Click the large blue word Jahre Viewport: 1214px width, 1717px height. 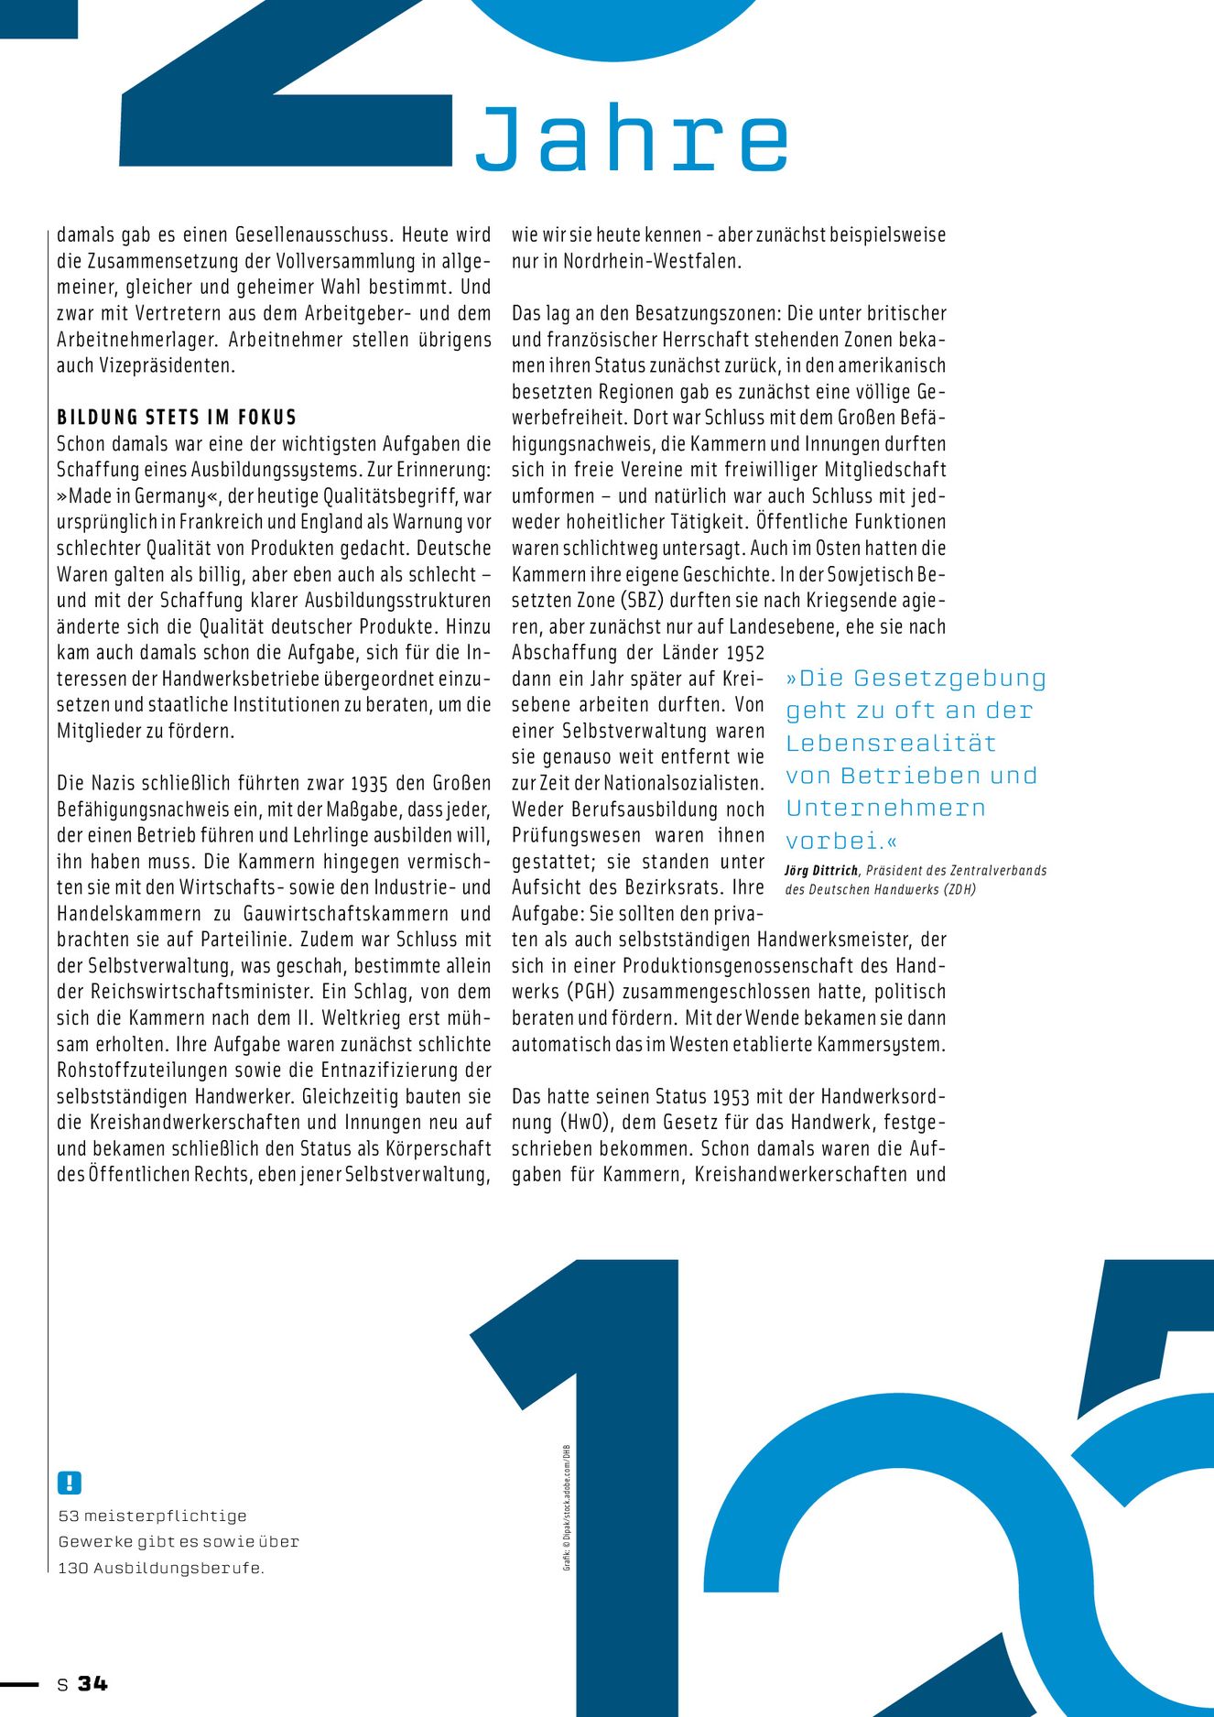[632, 139]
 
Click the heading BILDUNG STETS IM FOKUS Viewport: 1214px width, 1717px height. [177, 418]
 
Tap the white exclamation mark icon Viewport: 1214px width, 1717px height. [70, 1483]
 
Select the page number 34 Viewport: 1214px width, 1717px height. [92, 1683]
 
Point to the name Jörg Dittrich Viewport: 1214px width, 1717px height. [821, 871]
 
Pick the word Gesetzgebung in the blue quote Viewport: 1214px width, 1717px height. [949, 679]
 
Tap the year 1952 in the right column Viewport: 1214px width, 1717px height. [745, 653]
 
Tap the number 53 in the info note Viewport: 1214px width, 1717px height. [69, 1516]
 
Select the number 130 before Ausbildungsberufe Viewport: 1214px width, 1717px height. [73, 1569]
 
